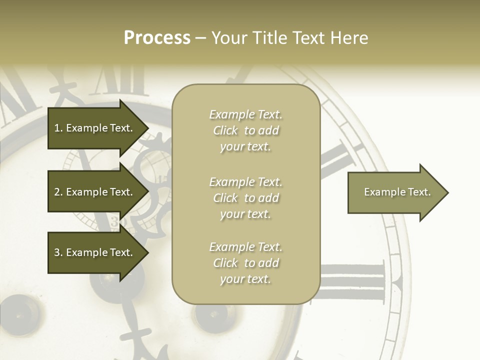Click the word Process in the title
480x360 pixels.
(157, 38)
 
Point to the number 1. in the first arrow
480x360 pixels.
(58, 128)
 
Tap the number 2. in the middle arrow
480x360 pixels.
(58, 192)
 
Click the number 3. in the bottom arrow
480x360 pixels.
(58, 252)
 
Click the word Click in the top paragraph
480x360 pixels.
(225, 130)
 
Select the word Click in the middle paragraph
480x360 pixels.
(225, 198)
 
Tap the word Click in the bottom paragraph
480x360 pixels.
(225, 263)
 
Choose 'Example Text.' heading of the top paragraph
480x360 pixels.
(246, 114)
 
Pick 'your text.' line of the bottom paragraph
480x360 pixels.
(246, 279)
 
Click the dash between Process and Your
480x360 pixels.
(200, 38)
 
